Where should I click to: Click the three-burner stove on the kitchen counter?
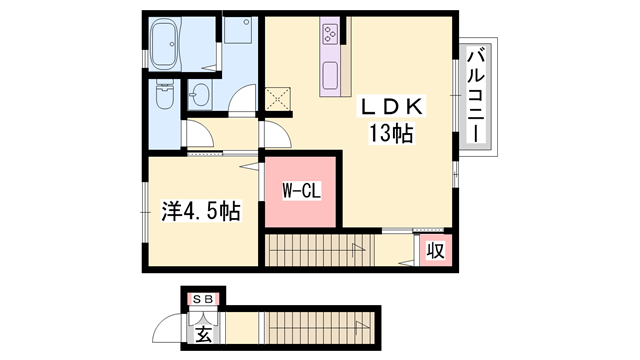(330, 37)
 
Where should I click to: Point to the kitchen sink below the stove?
(331, 73)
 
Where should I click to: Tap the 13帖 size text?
(394, 133)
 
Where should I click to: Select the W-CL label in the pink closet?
(300, 191)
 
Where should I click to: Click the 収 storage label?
(436, 250)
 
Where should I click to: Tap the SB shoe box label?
(203, 298)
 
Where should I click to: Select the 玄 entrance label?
(203, 333)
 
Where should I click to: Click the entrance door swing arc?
(170, 330)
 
